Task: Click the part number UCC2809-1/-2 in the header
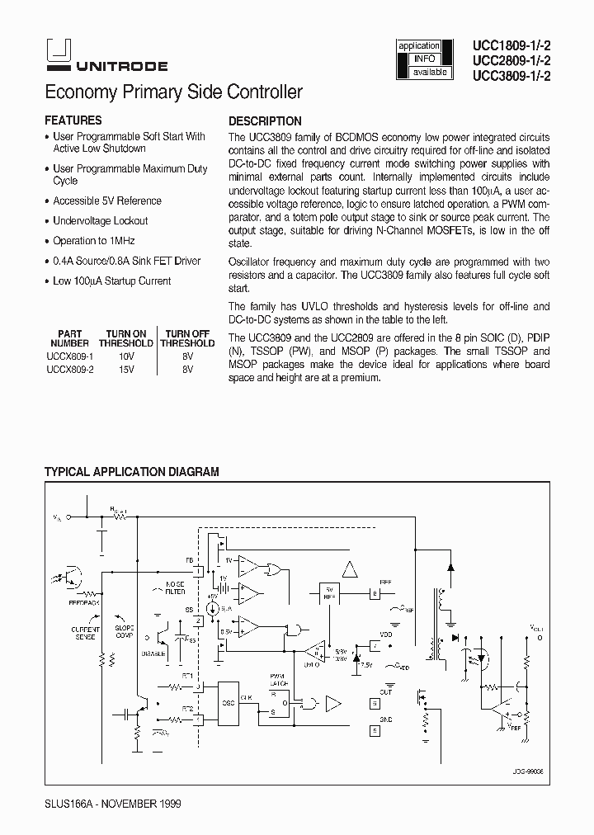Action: [511, 61]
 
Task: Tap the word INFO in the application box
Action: [423, 59]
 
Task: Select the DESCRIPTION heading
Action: [265, 120]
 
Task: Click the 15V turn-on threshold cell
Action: [126, 370]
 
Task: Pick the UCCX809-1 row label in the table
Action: [70, 356]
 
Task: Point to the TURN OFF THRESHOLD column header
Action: [187, 338]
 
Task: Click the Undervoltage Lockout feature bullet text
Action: [101, 221]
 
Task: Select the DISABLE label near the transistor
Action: [153, 653]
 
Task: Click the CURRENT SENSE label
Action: [85, 633]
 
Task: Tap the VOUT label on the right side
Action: [537, 628]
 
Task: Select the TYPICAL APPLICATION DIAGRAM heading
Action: [131, 472]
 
